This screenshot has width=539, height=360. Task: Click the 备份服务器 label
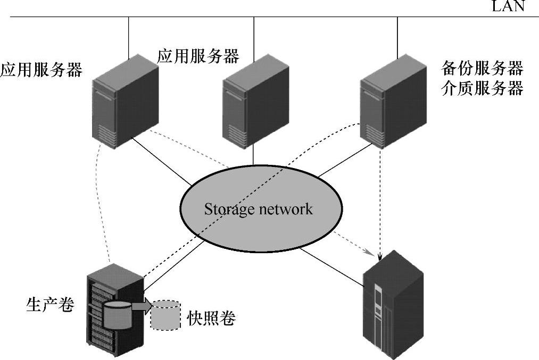coord(483,69)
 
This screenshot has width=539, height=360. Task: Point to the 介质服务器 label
coord(483,88)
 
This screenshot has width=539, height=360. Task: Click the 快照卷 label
coord(211,318)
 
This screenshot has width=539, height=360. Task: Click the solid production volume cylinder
coord(118,315)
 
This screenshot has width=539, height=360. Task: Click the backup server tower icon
coord(393,101)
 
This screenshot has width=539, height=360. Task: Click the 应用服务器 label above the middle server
coord(198,55)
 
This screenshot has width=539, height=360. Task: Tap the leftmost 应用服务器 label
coord(41,70)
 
